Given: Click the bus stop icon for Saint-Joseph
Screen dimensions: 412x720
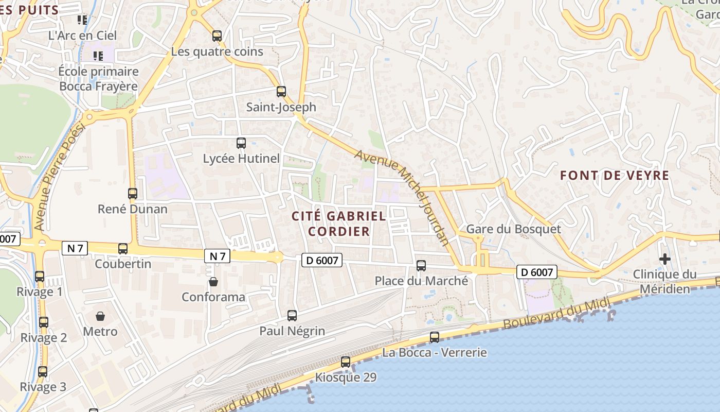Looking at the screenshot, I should click(x=281, y=92).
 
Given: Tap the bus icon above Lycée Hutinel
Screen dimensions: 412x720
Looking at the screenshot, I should click(x=241, y=143).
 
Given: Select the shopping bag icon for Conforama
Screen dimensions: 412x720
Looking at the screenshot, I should click(x=213, y=282).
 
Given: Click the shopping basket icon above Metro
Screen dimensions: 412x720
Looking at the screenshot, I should click(x=100, y=316).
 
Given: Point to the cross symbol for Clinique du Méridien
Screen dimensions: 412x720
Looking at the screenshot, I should click(x=664, y=259).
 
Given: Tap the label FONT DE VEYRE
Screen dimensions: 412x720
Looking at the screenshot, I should click(x=615, y=176).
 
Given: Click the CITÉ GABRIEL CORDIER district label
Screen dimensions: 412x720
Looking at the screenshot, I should click(x=339, y=224).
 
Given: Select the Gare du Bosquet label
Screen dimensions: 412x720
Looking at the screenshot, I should click(x=513, y=229).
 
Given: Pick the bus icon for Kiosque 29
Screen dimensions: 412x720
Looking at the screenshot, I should click(x=346, y=362).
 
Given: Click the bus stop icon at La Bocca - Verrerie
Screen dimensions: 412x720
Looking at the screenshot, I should click(x=435, y=337).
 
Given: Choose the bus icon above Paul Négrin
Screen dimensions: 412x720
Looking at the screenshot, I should click(x=292, y=315).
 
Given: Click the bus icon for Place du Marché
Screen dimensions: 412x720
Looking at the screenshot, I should click(x=421, y=265).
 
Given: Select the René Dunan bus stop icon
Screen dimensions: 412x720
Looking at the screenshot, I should click(x=133, y=194).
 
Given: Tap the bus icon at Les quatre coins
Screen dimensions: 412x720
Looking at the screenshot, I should click(x=217, y=36).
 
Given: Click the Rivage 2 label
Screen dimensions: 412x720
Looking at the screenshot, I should click(x=44, y=338).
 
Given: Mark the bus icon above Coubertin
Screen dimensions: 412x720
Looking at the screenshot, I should click(x=123, y=249).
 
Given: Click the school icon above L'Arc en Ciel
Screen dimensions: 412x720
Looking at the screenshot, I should click(x=82, y=20).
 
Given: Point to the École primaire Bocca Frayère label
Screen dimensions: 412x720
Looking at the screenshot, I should click(x=98, y=79).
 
